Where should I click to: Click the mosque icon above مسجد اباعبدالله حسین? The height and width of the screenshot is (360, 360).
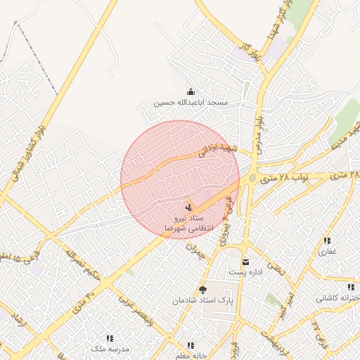191,91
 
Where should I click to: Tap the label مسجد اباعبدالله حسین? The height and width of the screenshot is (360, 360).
191,103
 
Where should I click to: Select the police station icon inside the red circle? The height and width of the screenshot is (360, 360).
187,207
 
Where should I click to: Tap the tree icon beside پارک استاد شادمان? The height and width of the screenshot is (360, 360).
203,290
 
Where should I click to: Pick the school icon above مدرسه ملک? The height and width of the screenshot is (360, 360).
109,338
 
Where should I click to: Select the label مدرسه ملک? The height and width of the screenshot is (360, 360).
109,348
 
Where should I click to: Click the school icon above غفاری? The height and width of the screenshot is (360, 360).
328,241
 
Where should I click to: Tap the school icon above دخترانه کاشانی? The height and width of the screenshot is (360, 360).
351,288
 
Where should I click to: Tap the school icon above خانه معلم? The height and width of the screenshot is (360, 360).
190,345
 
